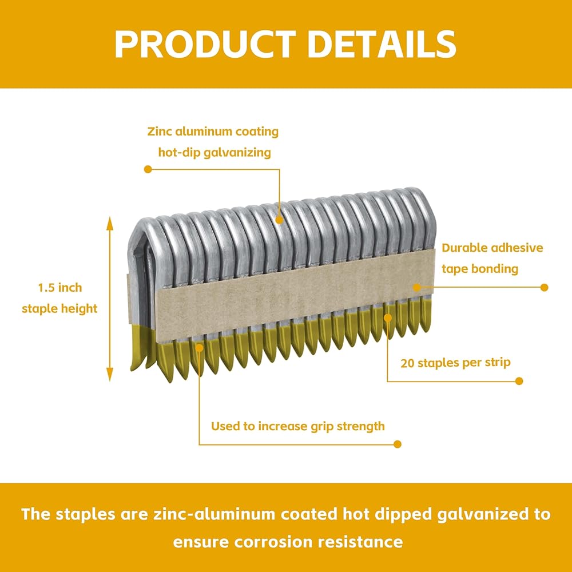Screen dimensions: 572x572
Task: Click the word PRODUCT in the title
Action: pos(205,44)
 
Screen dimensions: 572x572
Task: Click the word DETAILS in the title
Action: pos(382,44)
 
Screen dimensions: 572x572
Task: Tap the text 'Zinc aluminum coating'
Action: pos(213,132)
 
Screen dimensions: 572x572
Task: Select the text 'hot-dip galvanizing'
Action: pos(214,153)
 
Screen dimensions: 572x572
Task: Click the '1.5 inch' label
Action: pos(60,288)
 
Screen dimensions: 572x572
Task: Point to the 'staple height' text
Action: pos(59,309)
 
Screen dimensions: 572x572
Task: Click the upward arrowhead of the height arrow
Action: pos(110,223)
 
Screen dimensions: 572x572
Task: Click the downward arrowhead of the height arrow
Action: pos(110,374)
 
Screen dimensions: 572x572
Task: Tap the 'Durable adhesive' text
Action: pos(492,248)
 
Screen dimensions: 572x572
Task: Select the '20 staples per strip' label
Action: pos(455,363)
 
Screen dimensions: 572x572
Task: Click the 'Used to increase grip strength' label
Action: pos(297,426)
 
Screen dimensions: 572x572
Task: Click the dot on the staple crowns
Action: pos(280,220)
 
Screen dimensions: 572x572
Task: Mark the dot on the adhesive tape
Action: pos(417,288)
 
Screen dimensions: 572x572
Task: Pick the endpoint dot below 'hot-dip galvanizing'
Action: pos(148,169)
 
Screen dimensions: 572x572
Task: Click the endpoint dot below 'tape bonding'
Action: pos(545,288)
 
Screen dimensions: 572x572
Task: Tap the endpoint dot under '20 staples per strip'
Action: pos(519,381)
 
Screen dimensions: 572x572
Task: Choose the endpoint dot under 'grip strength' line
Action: pos(398,444)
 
